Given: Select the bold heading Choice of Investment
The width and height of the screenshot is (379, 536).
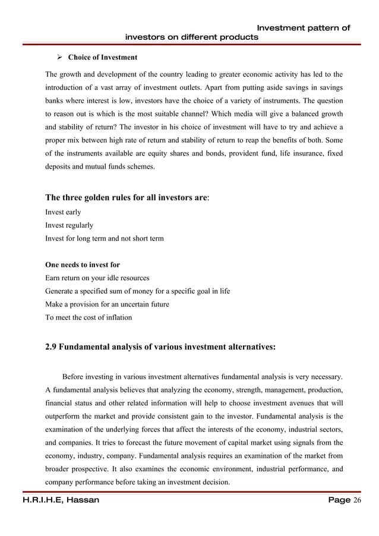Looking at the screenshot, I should (102, 58).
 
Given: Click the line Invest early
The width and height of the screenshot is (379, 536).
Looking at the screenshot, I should (63, 213).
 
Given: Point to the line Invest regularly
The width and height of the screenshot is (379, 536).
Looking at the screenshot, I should (69, 226).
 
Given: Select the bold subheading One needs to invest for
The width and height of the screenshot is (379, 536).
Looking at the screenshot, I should (83, 265).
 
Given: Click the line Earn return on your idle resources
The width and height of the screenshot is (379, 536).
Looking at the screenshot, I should (97, 278).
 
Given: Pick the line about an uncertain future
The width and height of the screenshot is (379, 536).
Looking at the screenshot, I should (107, 304).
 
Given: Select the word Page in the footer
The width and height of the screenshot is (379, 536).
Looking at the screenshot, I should (339, 500).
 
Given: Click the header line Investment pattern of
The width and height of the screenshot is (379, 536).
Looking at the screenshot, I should (302, 27).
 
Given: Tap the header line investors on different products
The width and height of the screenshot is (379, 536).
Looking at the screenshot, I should (191, 37).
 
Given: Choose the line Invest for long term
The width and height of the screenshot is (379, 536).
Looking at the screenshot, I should (104, 239).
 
